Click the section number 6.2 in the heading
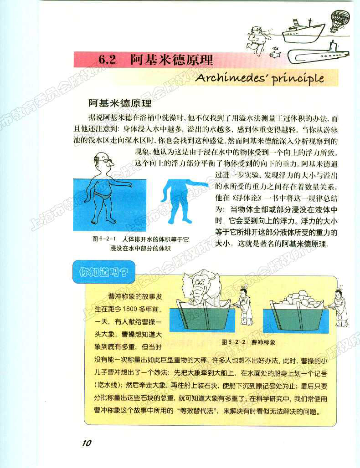108,60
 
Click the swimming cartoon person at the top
257,39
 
